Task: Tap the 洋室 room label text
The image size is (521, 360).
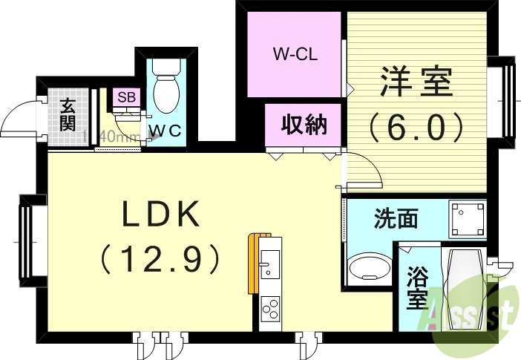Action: (416, 82)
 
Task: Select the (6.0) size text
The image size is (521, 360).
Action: (416, 126)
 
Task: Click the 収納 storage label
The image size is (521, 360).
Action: (303, 124)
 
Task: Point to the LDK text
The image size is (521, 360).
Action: (161, 216)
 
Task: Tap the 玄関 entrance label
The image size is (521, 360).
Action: (68, 115)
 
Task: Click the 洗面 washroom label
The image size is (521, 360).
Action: (395, 218)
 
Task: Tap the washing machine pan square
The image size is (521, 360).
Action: (466, 218)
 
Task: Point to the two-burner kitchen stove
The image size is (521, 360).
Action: (269, 306)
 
